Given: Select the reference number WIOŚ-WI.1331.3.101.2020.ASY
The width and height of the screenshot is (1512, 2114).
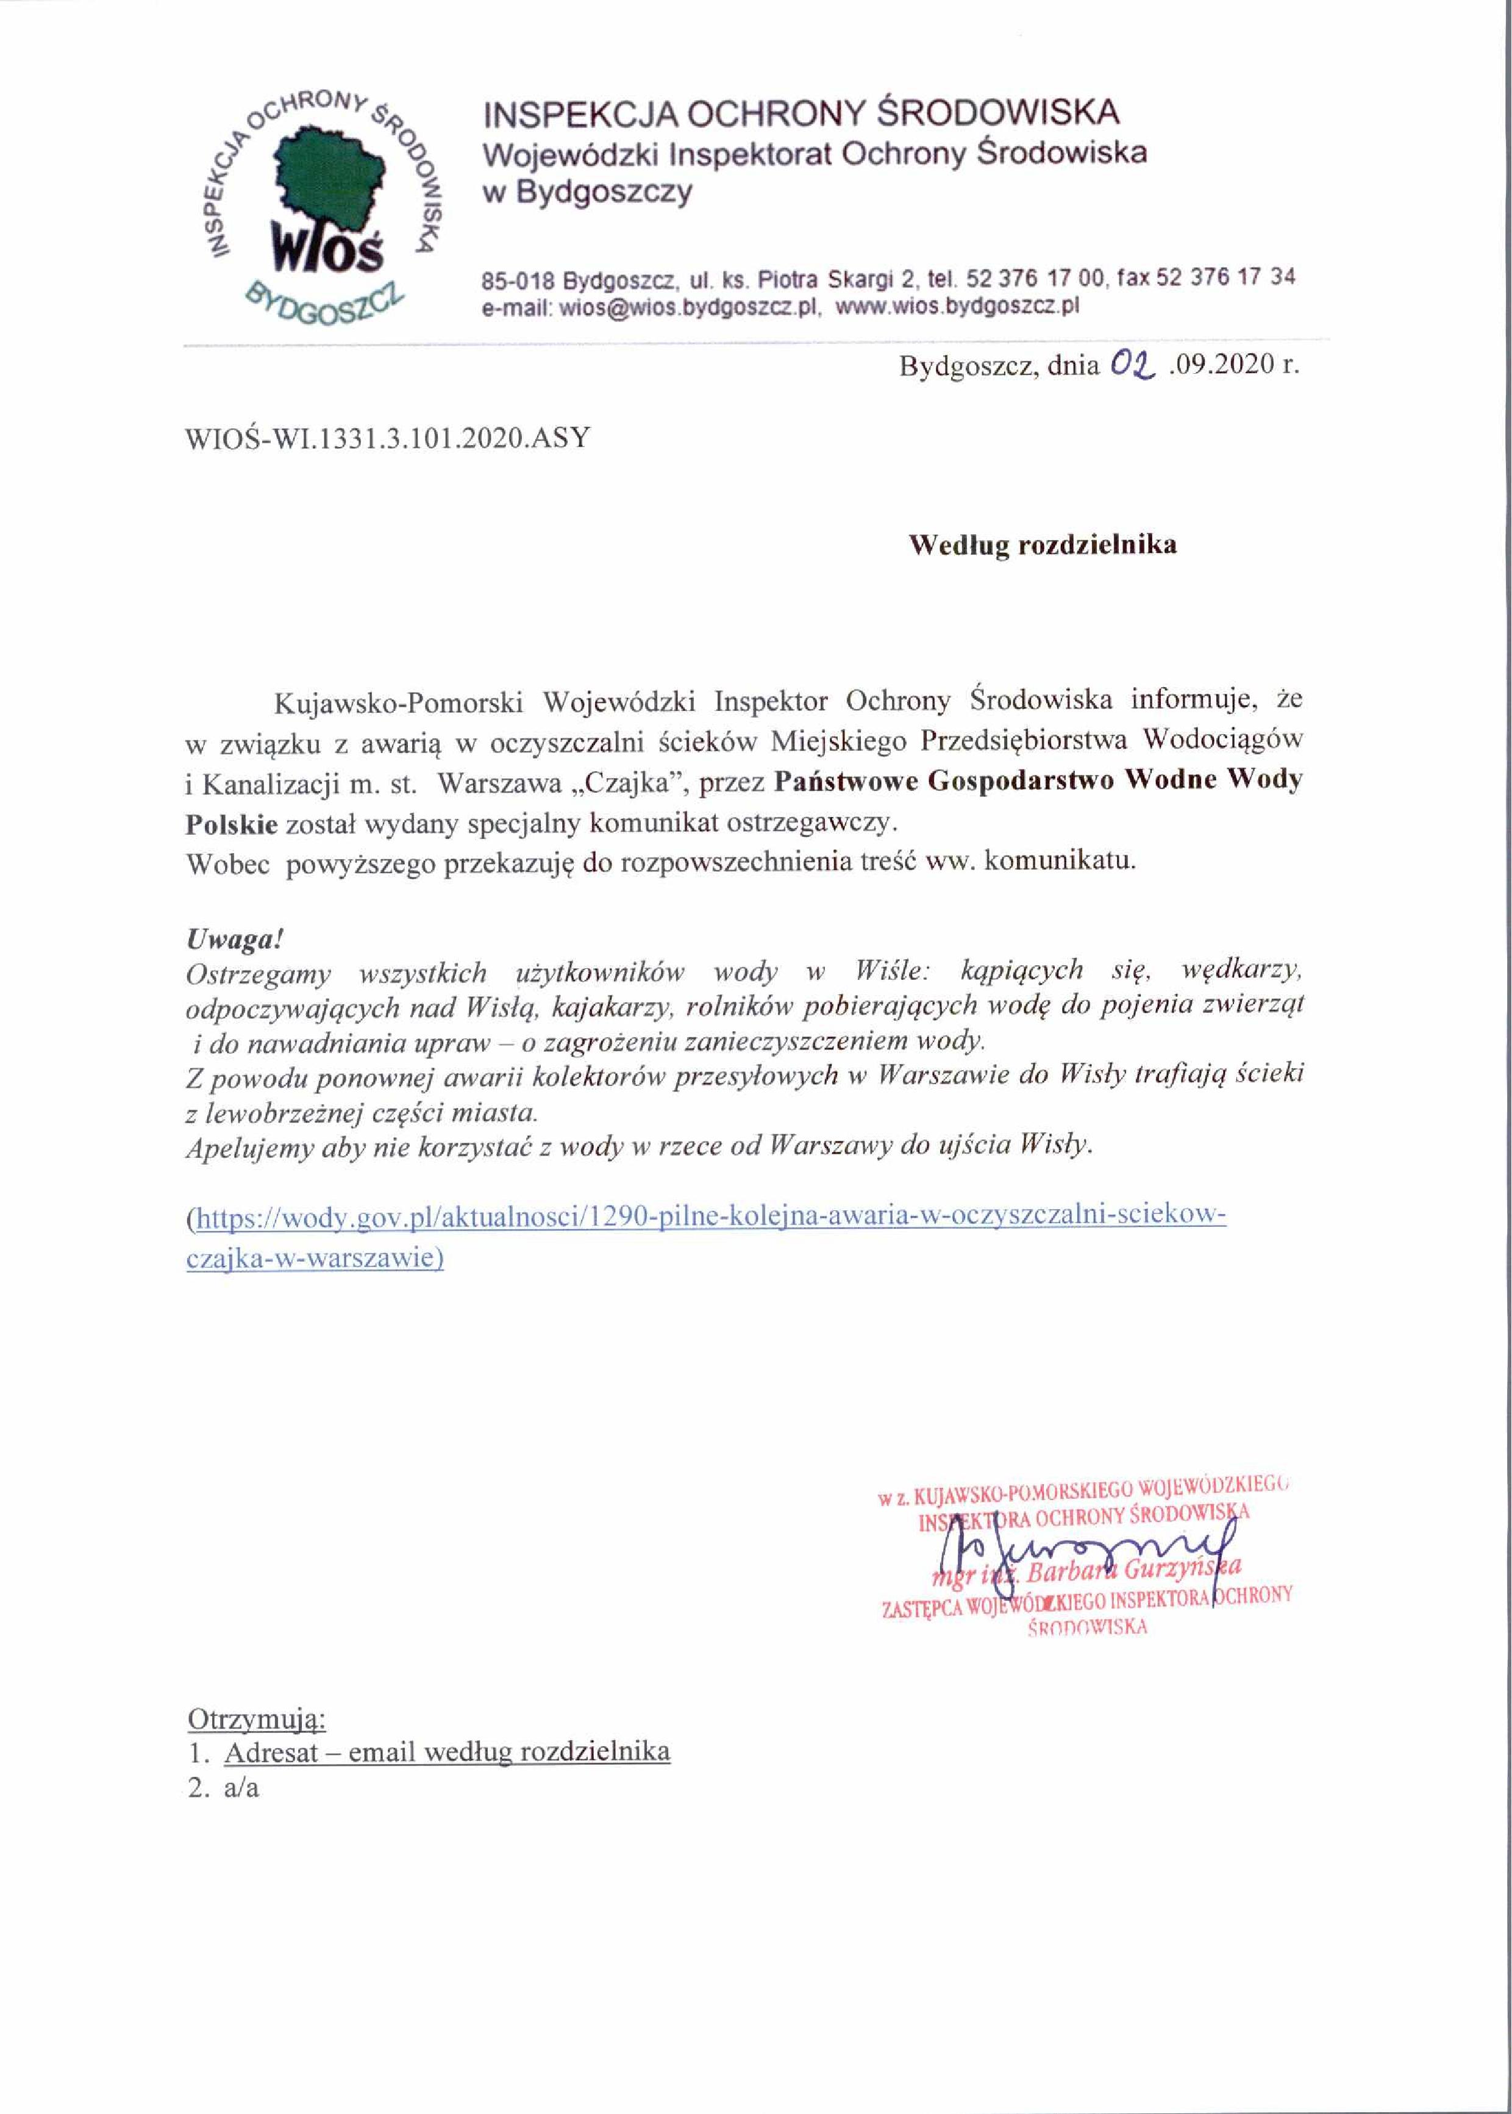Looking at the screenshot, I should (x=388, y=438).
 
